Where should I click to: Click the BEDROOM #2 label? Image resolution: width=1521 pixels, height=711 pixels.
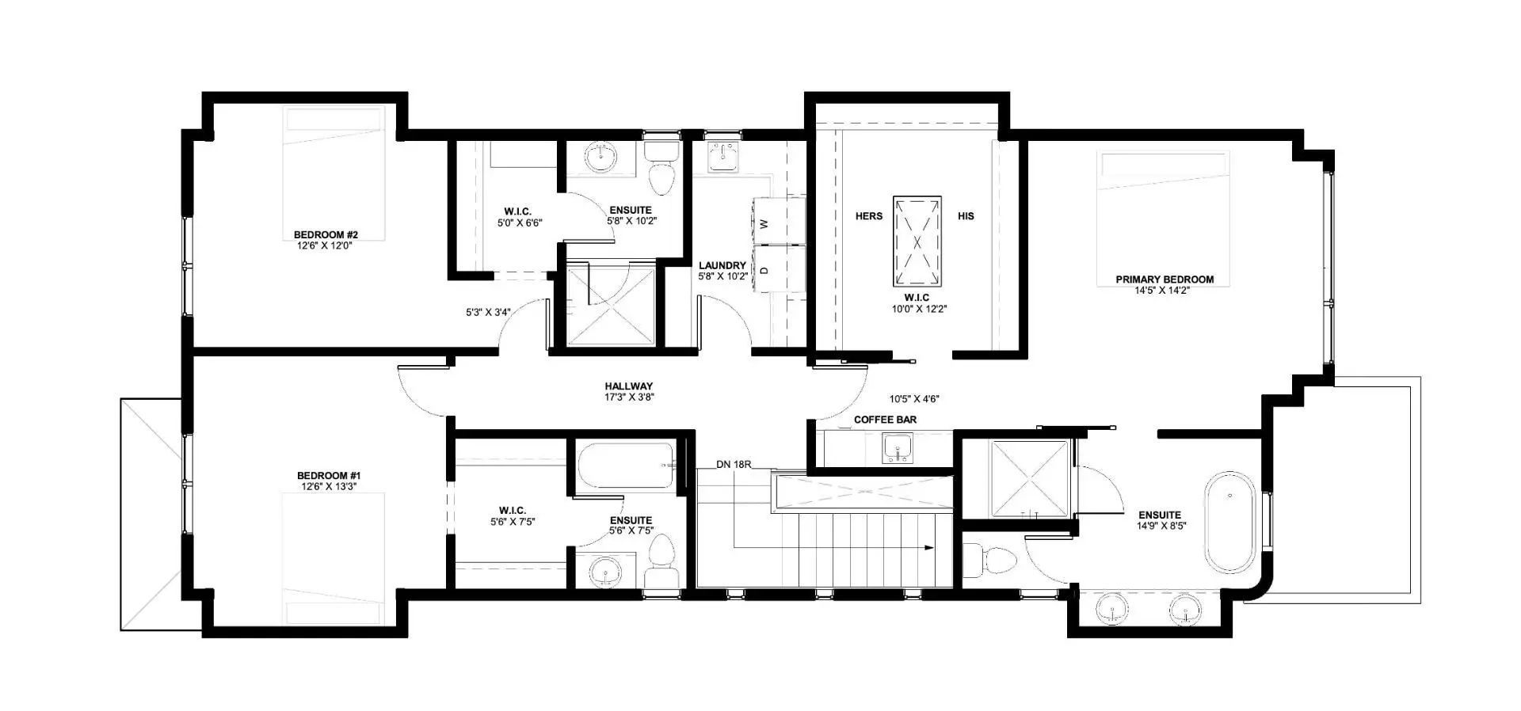pos(326,235)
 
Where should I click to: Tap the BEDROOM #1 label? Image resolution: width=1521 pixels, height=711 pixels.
pos(329,476)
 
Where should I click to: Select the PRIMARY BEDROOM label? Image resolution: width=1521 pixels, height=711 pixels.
pos(1165,279)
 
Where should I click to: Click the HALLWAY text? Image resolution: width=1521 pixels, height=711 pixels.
pos(629,386)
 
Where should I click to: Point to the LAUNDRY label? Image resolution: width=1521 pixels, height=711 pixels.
pos(722,266)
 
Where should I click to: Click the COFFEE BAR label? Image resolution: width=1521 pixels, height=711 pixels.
pos(885,420)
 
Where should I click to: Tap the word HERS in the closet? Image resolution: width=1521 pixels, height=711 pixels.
pos(869,216)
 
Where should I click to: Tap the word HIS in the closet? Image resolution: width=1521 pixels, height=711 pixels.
pos(966,216)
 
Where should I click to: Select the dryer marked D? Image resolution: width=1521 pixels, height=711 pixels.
pos(778,269)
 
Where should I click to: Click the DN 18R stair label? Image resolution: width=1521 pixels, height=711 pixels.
pos(734,465)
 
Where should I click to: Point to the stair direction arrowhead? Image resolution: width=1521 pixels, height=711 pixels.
pos(930,547)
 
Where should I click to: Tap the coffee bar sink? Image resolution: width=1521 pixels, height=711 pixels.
pos(897,451)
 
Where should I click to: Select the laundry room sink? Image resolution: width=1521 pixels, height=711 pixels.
pos(722,157)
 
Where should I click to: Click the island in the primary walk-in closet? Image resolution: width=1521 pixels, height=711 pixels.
pos(917,241)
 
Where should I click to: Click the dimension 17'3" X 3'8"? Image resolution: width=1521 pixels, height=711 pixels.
pos(629,397)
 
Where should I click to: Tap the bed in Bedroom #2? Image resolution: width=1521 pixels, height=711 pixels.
pos(336,174)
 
